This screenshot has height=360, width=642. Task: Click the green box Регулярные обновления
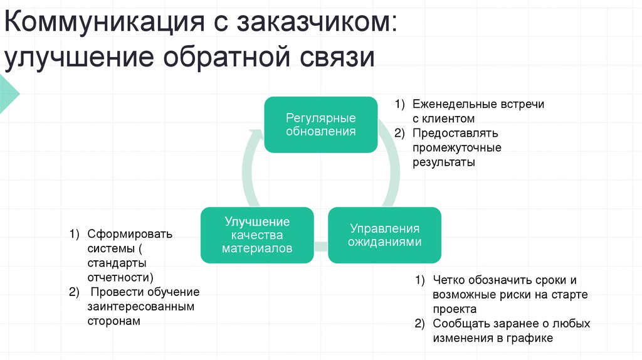[x=321, y=124]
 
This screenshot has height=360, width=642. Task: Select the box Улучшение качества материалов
[x=257, y=235]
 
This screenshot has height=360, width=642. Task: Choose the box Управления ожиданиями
[x=385, y=235]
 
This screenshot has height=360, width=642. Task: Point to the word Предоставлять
[x=455, y=133]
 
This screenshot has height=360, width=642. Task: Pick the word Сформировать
[x=129, y=234]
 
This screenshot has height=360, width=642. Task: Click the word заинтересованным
[x=141, y=306]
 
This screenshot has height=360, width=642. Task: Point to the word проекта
[x=455, y=309]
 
